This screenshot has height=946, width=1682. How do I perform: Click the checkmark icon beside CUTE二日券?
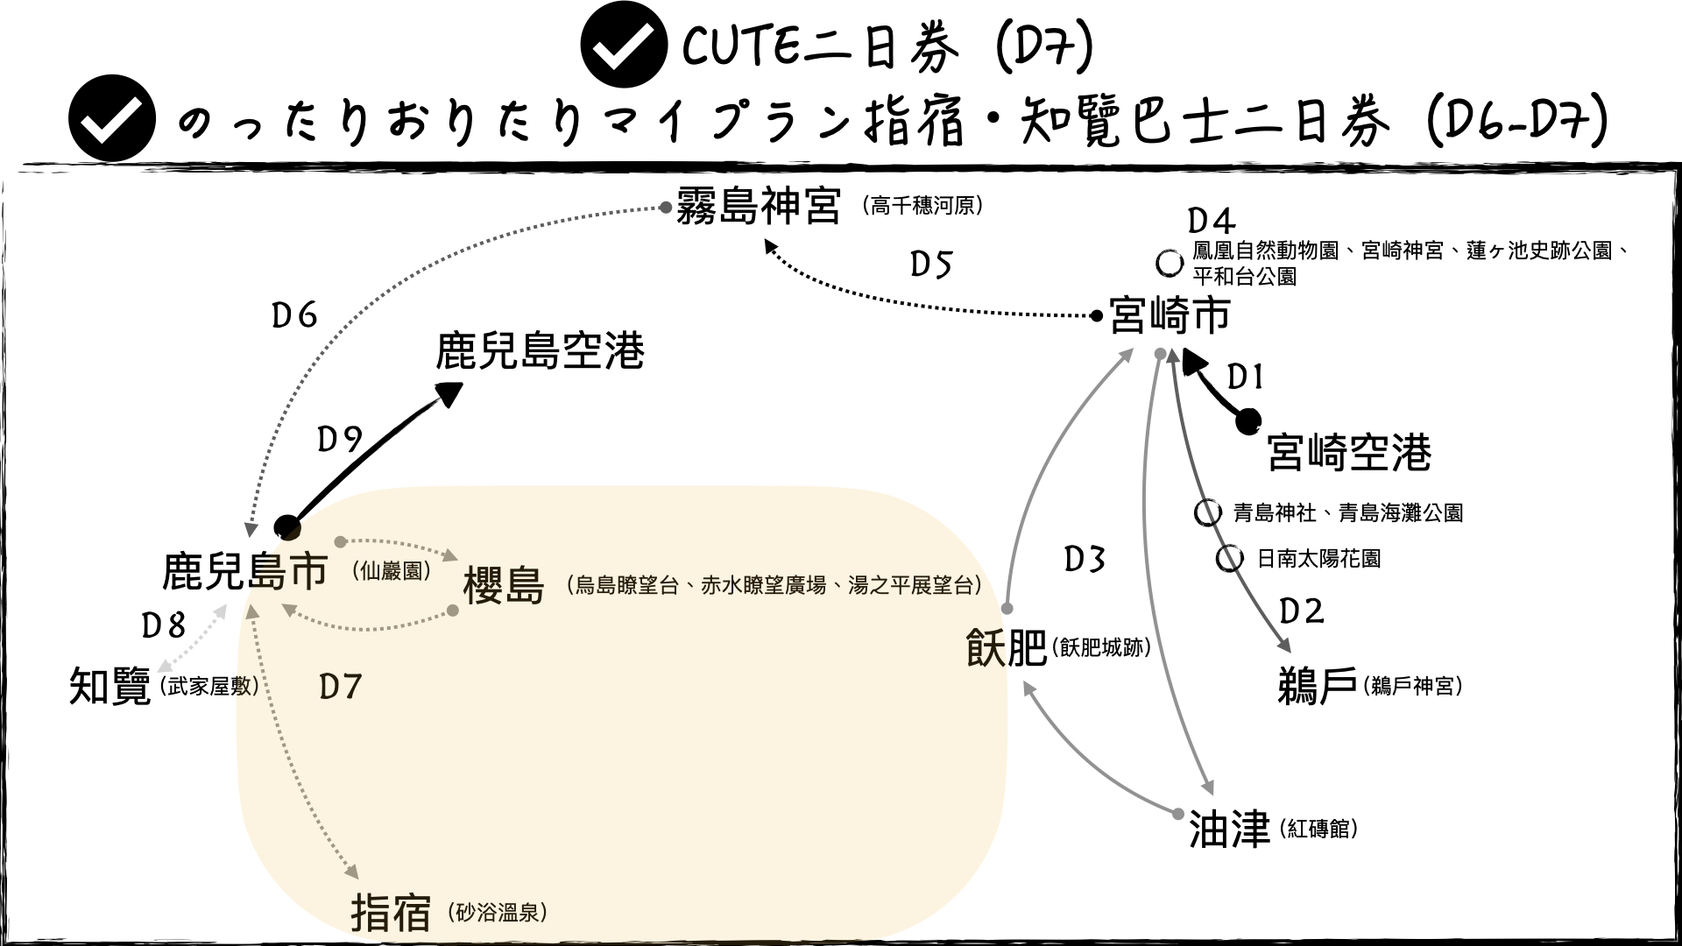[x=624, y=46]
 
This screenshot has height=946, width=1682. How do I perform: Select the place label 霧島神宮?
[x=759, y=207]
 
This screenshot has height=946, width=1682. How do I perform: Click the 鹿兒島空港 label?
[x=540, y=351]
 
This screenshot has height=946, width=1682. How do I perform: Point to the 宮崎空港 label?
[x=1349, y=453]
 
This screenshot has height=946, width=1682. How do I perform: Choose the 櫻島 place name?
[x=504, y=585]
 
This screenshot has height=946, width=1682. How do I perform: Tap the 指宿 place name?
[x=391, y=913]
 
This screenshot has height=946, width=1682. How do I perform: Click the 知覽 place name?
[x=110, y=687]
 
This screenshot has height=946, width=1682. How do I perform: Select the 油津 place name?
[x=1229, y=829]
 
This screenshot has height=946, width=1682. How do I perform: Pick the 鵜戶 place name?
[x=1318, y=686]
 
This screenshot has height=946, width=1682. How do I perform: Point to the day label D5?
[x=930, y=265]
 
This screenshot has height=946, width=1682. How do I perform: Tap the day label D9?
[x=340, y=439]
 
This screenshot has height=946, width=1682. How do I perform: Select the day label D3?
[x=1085, y=559]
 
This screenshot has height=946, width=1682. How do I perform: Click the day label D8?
[x=164, y=625]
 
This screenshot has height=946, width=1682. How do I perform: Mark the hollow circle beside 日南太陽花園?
[x=1230, y=558]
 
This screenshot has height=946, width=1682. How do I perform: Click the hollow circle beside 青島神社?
[x=1208, y=512]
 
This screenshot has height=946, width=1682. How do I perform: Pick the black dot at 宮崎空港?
[x=1248, y=422]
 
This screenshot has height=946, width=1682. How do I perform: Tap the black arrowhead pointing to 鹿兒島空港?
[x=449, y=393]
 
